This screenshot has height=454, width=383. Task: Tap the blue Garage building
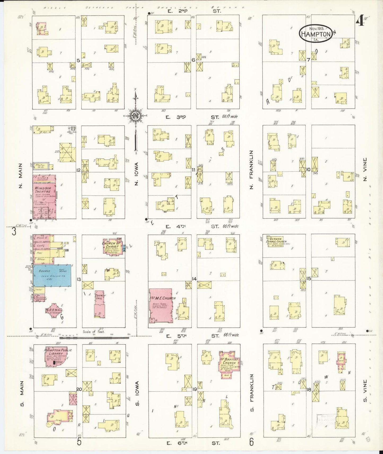tap(52, 275)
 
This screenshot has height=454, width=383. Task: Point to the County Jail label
tap(100, 297)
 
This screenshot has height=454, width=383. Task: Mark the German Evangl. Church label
tap(275, 240)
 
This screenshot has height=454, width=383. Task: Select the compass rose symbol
tap(136, 116)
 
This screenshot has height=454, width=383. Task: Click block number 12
tap(78, 170)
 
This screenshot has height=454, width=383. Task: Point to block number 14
tap(194, 279)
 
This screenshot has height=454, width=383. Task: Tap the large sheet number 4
tap(360, 20)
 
